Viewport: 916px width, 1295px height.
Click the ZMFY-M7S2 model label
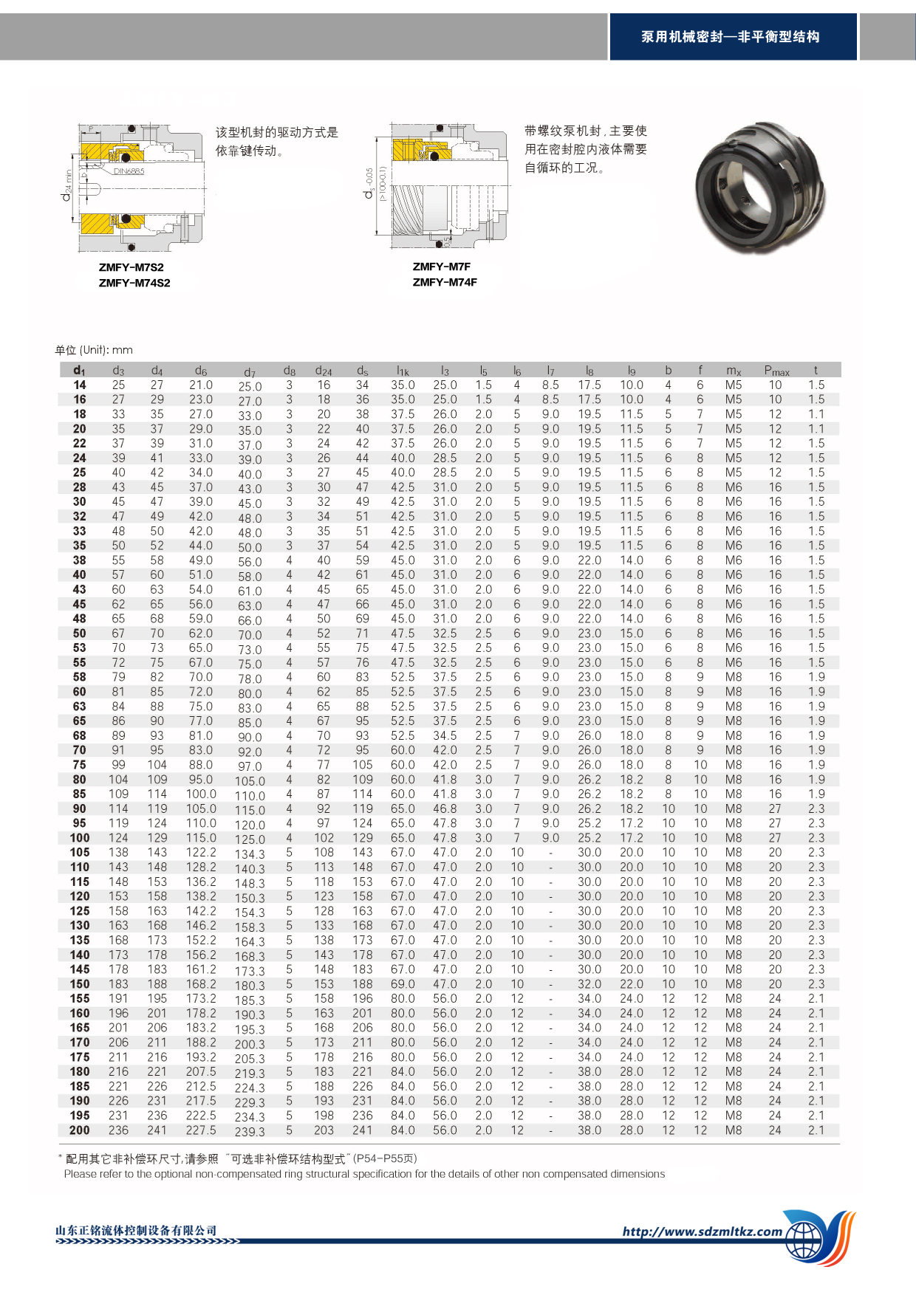(131, 267)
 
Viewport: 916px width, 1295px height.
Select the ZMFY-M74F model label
(445, 282)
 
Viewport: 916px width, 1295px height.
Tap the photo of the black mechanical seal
(758, 188)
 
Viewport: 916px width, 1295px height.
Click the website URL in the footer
(702, 1231)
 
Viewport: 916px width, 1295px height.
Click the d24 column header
(324, 371)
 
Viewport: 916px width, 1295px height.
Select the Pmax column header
(776, 371)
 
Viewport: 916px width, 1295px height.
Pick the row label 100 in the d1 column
(79, 838)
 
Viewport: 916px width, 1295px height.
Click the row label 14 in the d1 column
(79, 385)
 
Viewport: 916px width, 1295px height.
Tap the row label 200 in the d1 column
(79, 1130)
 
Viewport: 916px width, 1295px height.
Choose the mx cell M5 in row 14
(733, 385)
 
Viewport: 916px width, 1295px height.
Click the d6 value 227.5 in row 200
(201, 1130)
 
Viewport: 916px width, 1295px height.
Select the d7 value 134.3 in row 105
(250, 854)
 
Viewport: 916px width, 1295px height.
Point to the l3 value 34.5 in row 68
(445, 735)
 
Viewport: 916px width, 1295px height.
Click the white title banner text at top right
(730, 37)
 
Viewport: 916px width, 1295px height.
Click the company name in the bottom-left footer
(137, 1230)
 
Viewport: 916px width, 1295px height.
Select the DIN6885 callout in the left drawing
(129, 171)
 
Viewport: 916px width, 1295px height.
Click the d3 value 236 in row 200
(118, 1130)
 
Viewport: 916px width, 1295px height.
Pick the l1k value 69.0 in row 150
(403, 984)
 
